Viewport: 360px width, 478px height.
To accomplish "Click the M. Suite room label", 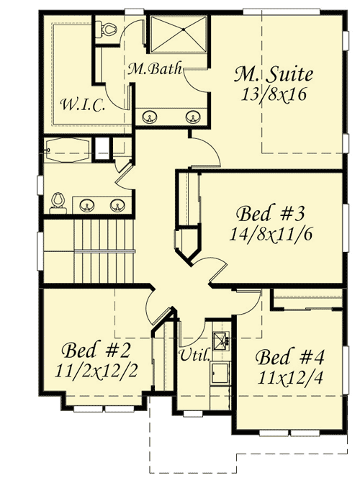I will (x=274, y=73).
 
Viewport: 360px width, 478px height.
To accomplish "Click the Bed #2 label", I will (x=95, y=351).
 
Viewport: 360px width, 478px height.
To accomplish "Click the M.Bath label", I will (x=154, y=70).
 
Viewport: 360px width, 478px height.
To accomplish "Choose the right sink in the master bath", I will (x=192, y=115).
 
